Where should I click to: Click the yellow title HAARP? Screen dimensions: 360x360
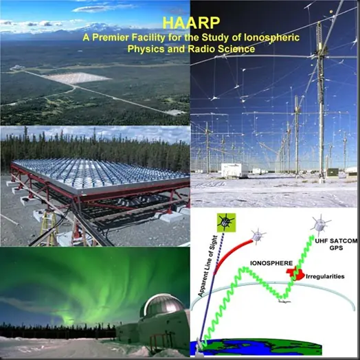pyautogui.click(x=191, y=23)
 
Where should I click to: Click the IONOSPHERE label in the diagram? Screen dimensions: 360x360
pyautogui.click(x=271, y=263)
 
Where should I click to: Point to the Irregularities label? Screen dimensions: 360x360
pyautogui.click(x=325, y=276)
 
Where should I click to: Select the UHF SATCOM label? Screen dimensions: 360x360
pyautogui.click(x=336, y=241)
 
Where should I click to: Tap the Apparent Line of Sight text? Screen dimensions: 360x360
pyautogui.click(x=207, y=266)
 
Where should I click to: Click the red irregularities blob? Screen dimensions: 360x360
pyautogui.click(x=295, y=273)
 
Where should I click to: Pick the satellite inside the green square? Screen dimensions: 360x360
pyautogui.click(x=226, y=222)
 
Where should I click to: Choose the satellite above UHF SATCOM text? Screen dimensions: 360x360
pyautogui.click(x=321, y=224)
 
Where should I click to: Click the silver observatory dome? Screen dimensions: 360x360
pyautogui.click(x=163, y=305)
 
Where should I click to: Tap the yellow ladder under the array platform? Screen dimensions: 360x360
pyautogui.click(x=49, y=227)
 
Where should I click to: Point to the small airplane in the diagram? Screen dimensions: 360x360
pyautogui.click(x=284, y=301)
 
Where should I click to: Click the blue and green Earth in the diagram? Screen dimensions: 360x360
pyautogui.click(x=256, y=347)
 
